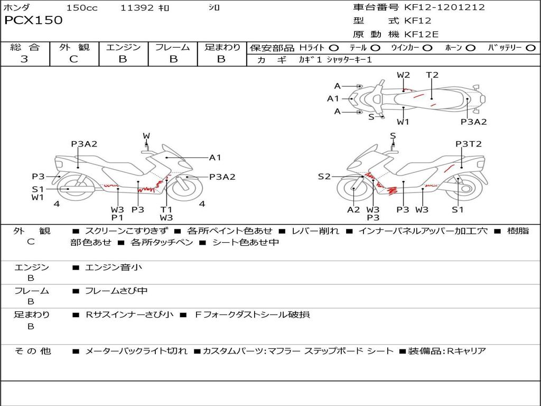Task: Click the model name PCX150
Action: [33, 21]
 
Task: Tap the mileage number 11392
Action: [137, 7]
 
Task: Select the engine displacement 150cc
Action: [82, 7]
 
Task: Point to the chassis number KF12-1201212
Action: [444, 7]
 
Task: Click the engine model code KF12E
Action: [422, 34]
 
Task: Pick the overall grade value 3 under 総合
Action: [24, 59]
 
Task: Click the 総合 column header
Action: [25, 47]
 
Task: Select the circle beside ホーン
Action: [471, 48]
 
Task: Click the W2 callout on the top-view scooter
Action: [403, 75]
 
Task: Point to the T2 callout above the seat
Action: [432, 75]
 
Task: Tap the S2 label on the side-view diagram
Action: [324, 177]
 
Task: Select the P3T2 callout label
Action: [469, 144]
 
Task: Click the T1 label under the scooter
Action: [166, 209]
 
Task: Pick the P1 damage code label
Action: [117, 217]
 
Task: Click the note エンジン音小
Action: [114, 267]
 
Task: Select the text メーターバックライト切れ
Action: [136, 351]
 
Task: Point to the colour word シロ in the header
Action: [214, 7]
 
